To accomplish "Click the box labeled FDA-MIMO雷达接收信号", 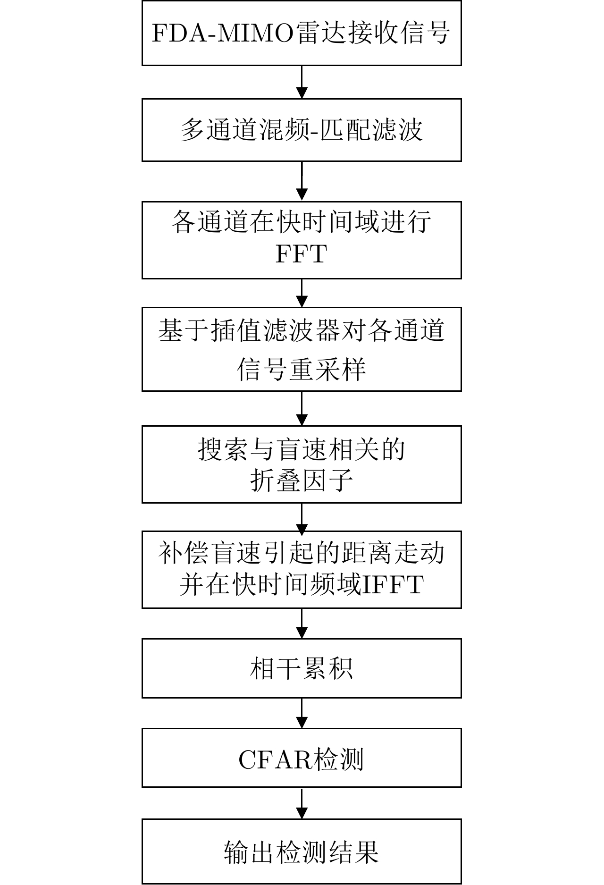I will click(301, 33).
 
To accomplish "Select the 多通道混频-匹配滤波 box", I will click(301, 130).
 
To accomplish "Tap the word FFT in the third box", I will click(301, 255).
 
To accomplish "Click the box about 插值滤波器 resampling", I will click(301, 349).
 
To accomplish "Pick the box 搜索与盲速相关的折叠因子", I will click(301, 464).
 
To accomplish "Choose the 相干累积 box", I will click(301, 668).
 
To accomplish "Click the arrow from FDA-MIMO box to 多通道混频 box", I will click(302, 82).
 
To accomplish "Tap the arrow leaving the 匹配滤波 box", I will click(302, 181).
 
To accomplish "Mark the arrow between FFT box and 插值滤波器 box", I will click(302, 293).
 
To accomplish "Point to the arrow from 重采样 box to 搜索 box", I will click(302, 408).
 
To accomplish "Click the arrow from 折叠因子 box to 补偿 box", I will click(302, 517).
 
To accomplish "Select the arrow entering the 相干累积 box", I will click(302, 624).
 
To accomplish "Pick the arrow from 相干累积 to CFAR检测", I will click(302, 713).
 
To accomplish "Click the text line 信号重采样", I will click(301, 370).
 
